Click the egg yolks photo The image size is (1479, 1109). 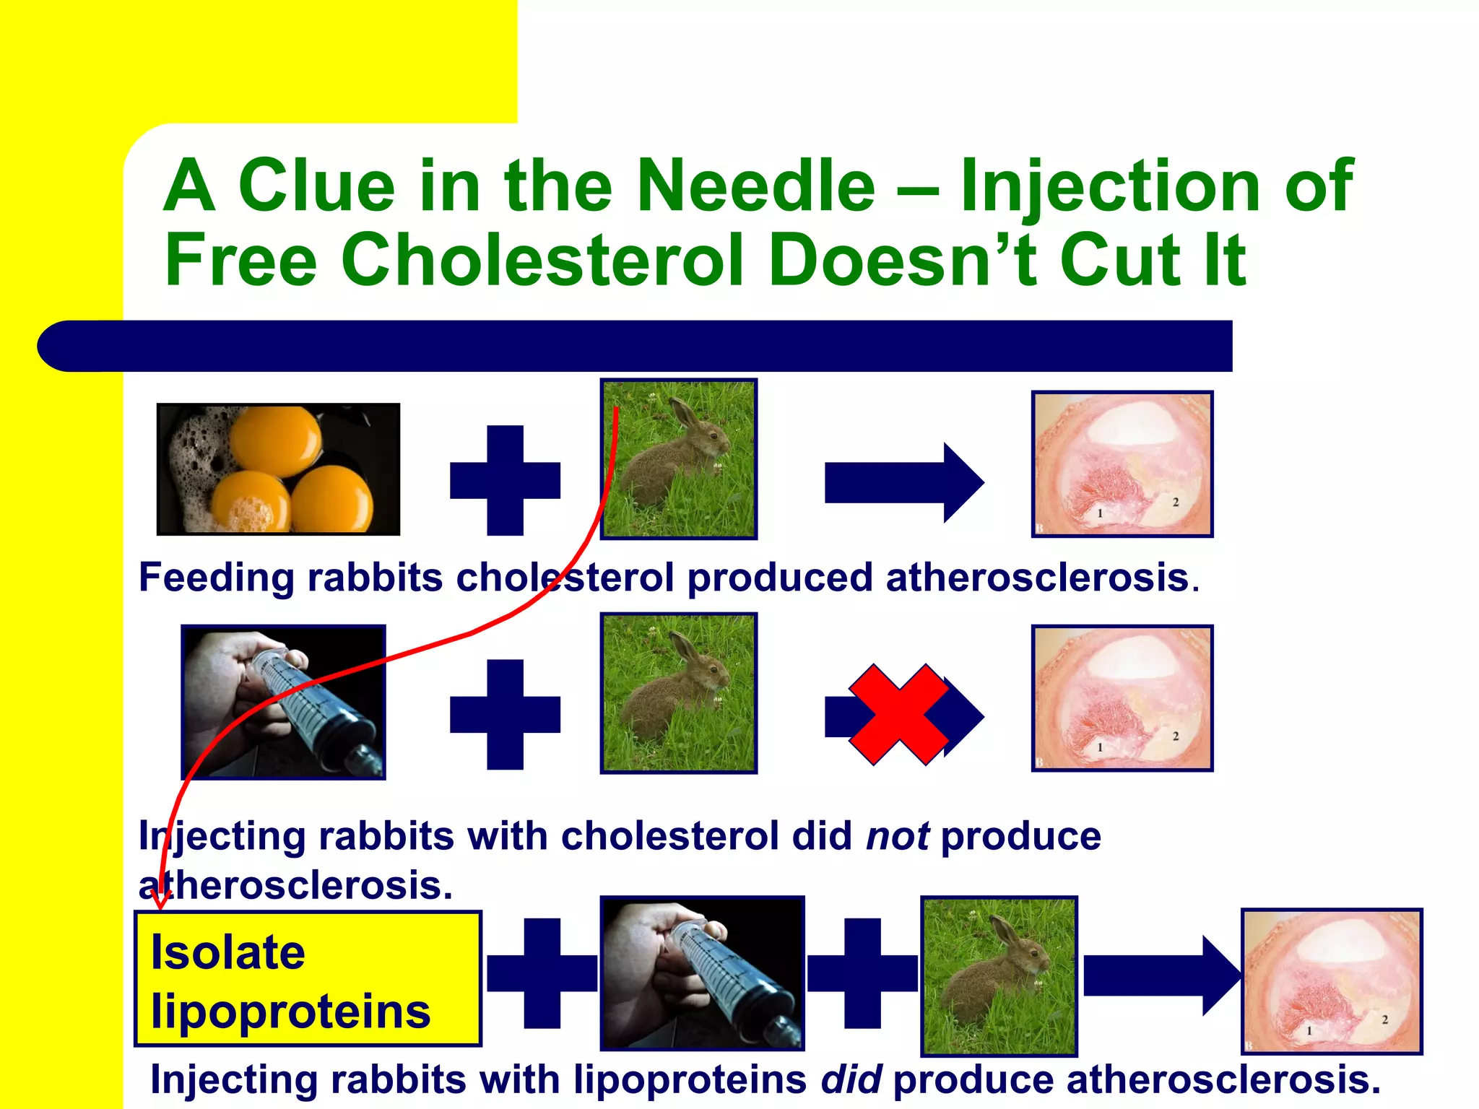pyautogui.click(x=278, y=469)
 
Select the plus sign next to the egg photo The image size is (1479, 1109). pyautogui.click(x=505, y=480)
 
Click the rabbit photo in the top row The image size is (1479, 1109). pyautogui.click(x=678, y=459)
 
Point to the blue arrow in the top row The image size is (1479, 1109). pyautogui.click(x=904, y=482)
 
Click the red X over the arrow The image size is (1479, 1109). pyautogui.click(x=898, y=715)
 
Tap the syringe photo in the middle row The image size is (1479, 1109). pyautogui.click(x=283, y=702)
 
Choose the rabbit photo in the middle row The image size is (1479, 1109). pyautogui.click(x=678, y=693)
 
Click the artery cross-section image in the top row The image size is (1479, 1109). pyautogui.click(x=1122, y=464)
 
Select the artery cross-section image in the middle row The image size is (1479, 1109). pyautogui.click(x=1122, y=698)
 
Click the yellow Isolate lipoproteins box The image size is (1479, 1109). pyautogui.click(x=308, y=979)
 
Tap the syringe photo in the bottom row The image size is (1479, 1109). pyautogui.click(x=702, y=973)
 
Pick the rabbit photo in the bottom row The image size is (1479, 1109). pyautogui.click(x=999, y=976)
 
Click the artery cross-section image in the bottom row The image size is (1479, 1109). pyautogui.click(x=1331, y=981)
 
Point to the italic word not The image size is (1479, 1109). pyautogui.click(x=898, y=837)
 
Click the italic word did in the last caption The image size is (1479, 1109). pyautogui.click(x=851, y=1080)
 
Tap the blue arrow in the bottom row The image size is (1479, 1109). pyautogui.click(x=1161, y=975)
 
